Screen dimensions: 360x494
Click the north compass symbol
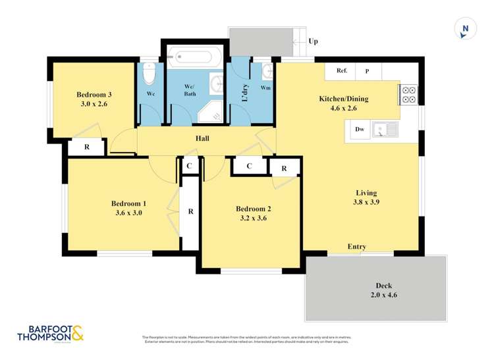[x=465, y=28]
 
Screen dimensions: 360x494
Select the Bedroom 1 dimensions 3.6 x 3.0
[x=126, y=213]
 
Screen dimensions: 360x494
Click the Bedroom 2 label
[x=254, y=209]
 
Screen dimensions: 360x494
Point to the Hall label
[x=202, y=139]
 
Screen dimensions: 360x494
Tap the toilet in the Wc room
[x=148, y=74]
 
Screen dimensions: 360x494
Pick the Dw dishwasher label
[x=360, y=130]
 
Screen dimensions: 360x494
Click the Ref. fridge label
[x=342, y=70]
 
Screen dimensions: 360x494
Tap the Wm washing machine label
[x=265, y=87]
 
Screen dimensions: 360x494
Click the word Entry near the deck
[x=357, y=247]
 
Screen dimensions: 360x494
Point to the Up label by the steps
[x=314, y=41]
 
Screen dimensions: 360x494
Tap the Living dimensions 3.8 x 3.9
[x=366, y=203]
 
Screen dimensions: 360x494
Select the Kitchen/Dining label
[x=344, y=99]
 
